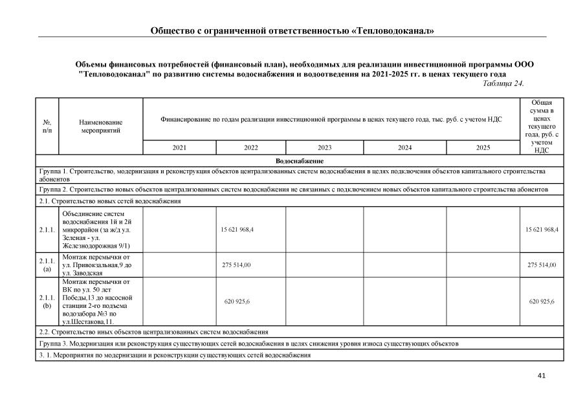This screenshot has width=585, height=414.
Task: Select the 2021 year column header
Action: point(179,147)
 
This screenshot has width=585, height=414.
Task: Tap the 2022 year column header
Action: point(251,147)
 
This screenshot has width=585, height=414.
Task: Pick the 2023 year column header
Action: point(324,147)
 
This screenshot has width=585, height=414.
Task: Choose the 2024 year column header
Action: point(404,147)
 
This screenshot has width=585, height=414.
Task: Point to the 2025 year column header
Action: point(483,147)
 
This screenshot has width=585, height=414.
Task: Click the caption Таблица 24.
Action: point(503,83)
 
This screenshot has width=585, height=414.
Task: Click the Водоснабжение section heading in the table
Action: point(299,160)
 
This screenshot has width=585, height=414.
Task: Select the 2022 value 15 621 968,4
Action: point(237,230)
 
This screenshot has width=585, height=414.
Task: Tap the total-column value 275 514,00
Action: point(542,265)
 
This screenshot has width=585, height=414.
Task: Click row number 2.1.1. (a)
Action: point(48,265)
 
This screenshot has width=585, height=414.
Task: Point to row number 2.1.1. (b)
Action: point(48,301)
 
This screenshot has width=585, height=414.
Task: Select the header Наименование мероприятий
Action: point(100,126)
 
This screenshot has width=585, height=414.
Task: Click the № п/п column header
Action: point(47,126)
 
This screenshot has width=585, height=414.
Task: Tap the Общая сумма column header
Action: point(541,126)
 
